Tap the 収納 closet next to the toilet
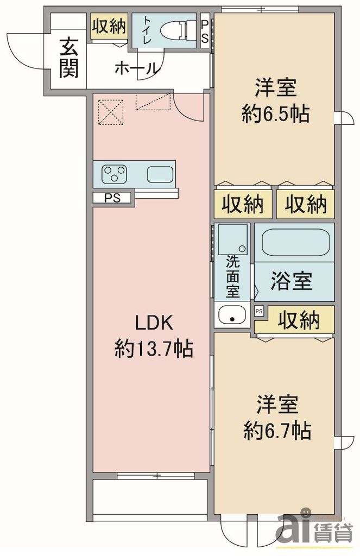[x=109, y=26]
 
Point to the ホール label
[x=137, y=69]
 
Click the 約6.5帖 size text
[x=276, y=115]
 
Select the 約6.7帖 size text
[x=276, y=431]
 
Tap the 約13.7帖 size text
[x=154, y=349]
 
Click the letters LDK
[x=154, y=323]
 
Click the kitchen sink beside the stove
[x=161, y=174]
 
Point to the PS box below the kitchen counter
[x=112, y=198]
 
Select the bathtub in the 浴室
[x=295, y=242]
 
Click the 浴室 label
[x=292, y=281]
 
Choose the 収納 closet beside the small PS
[x=299, y=321]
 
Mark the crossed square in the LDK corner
[x=112, y=112]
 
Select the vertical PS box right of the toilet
[x=205, y=31]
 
